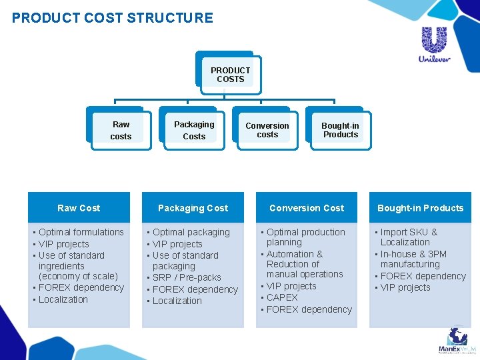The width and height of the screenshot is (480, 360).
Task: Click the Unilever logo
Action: point(434,44)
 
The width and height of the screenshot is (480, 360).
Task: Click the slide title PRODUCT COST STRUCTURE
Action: point(113,18)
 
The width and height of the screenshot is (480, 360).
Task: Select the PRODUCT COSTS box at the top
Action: point(230,75)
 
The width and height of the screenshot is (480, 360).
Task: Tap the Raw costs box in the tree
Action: point(121,130)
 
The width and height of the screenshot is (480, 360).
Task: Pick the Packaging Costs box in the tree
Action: point(194,130)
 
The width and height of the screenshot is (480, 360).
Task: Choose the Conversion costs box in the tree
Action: point(267,130)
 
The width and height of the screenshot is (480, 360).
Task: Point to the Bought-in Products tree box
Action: point(340,130)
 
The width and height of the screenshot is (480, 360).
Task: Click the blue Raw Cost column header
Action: point(79,208)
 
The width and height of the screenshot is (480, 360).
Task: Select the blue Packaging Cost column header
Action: point(193,208)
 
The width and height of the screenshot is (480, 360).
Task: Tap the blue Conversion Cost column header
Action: point(307,208)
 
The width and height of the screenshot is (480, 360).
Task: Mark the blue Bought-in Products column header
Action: point(420,208)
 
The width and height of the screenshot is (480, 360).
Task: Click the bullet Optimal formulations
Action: point(81,232)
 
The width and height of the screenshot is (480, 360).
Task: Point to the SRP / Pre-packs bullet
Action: point(187,277)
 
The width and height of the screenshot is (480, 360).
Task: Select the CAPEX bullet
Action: point(282,297)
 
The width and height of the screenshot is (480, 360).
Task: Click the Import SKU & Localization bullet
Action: point(408,237)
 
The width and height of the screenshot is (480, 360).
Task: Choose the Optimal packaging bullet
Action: point(191,232)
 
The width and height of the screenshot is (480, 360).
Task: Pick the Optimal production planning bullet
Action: point(305,237)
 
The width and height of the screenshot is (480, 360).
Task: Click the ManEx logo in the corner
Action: point(457,341)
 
